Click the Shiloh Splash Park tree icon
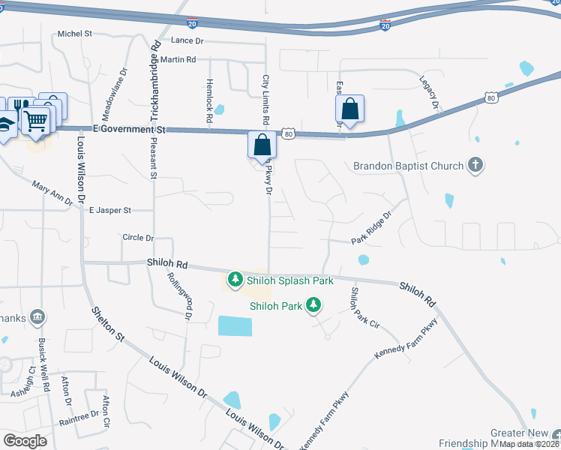[235, 280]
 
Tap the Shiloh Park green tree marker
[314, 305]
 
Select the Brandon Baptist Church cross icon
[474, 164]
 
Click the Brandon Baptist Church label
[408, 165]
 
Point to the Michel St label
[75, 34]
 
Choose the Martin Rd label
[178, 59]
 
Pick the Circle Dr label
[138, 238]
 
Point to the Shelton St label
[108, 324]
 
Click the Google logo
[25, 440]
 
